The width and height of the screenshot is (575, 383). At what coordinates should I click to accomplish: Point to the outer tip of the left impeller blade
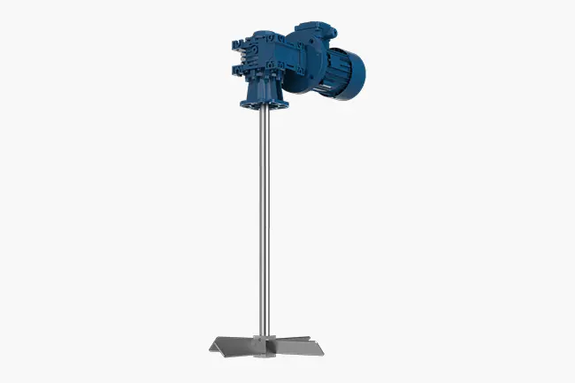209,347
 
